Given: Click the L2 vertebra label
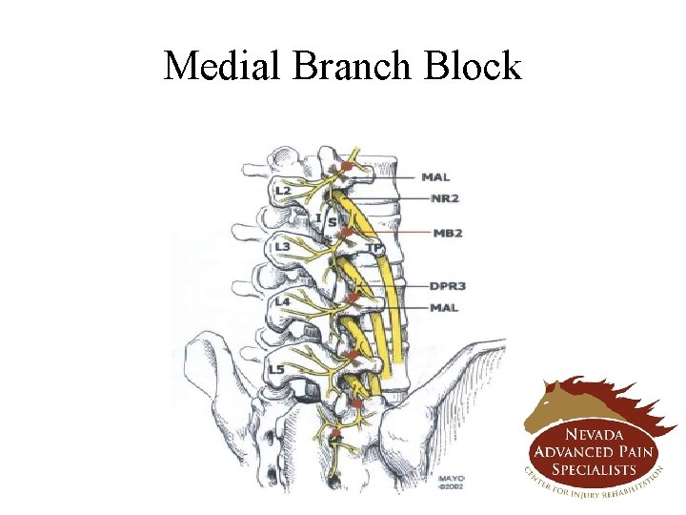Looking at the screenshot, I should click(283, 191).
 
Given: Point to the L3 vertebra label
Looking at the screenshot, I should click(283, 248).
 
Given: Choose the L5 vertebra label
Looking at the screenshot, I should click(275, 369).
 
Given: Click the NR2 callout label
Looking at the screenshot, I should click(445, 198).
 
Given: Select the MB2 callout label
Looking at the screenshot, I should click(447, 233).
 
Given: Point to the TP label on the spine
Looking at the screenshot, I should click(374, 249).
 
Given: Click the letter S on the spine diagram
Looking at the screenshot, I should click(332, 222).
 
